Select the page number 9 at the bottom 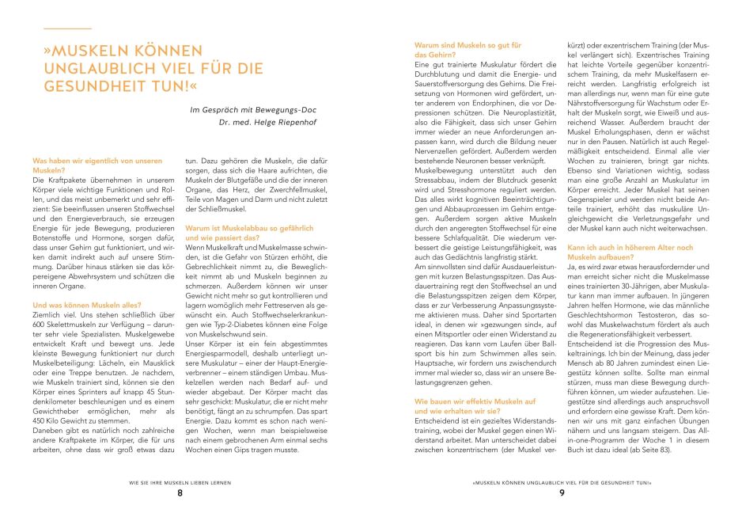pyautogui.click(x=561, y=493)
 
